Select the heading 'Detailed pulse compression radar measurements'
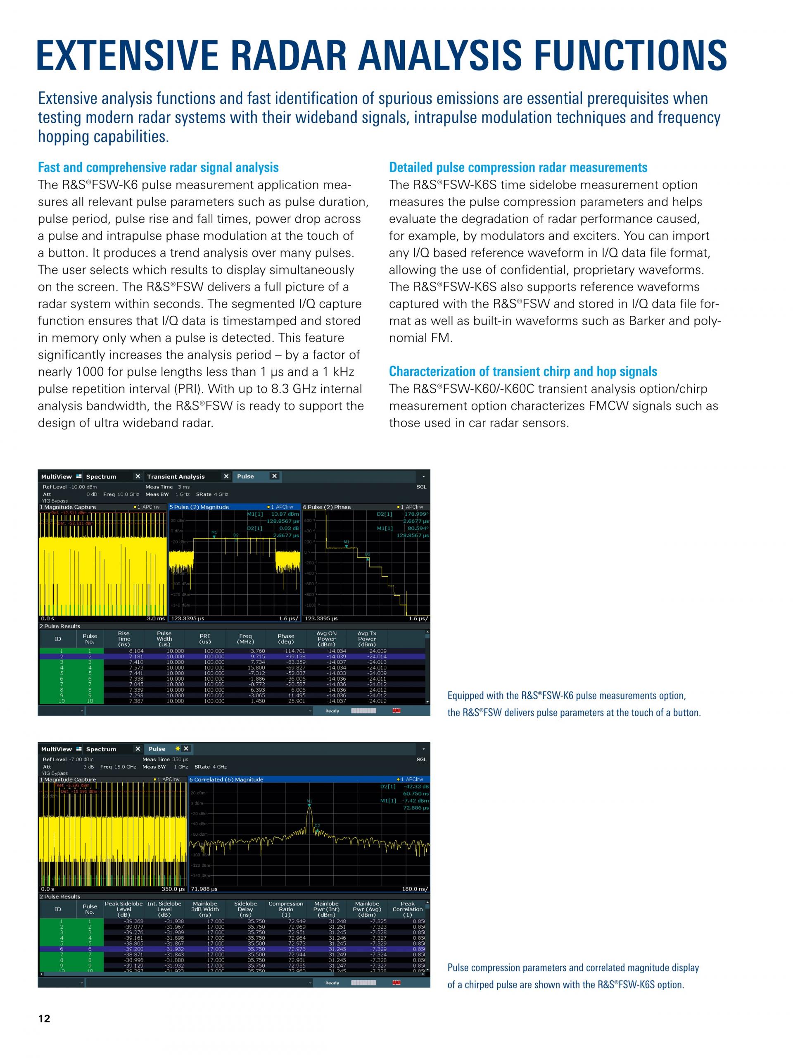(x=518, y=167)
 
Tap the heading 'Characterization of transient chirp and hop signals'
(x=522, y=371)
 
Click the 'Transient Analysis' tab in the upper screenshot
(x=176, y=477)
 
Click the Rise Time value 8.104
(x=136, y=651)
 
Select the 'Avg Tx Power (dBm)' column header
(x=367, y=639)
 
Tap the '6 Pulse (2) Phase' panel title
(x=327, y=507)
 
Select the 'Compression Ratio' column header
(x=286, y=909)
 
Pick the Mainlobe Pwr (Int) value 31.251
(x=337, y=927)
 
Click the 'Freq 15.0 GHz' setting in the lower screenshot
(x=118, y=767)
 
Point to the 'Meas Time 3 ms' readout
(x=167, y=487)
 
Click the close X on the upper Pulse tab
(x=274, y=476)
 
